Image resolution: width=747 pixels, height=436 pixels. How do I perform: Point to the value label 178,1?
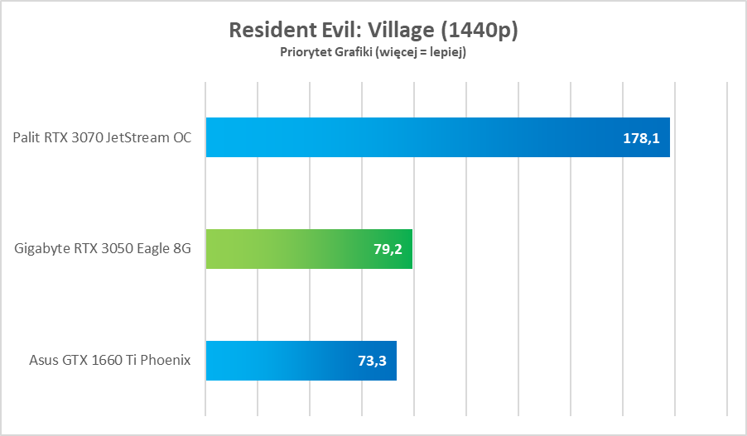(x=641, y=138)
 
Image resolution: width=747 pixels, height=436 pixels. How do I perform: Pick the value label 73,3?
(x=373, y=362)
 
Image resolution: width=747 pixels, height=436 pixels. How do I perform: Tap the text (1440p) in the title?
(x=480, y=31)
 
